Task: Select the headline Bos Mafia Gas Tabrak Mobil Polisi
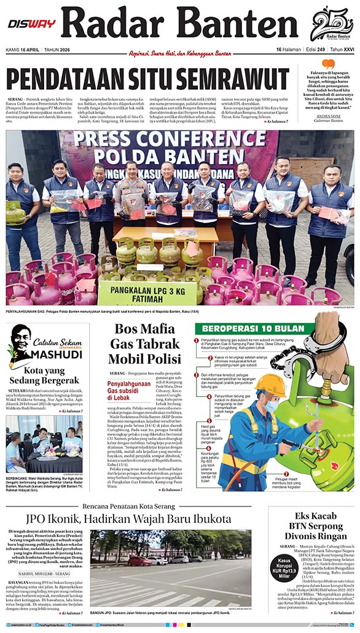[x=145, y=343]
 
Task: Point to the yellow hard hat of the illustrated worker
[x=270, y=385]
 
